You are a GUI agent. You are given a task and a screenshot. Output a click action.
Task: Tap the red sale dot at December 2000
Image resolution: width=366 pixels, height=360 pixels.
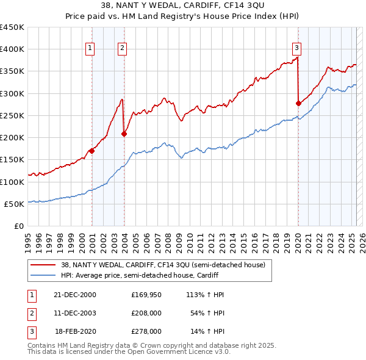pyautogui.click(x=92, y=151)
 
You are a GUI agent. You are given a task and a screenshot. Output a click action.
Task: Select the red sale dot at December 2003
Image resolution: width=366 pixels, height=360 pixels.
pyautogui.click(x=124, y=134)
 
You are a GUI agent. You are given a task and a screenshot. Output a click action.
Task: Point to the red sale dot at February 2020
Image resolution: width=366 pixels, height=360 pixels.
pyautogui.click(x=298, y=103)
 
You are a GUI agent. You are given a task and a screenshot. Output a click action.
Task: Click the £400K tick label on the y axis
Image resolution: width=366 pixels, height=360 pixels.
pyautogui.click(x=12, y=49)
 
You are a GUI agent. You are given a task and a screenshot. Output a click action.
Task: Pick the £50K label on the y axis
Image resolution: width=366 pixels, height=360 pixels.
pyautogui.click(x=15, y=204)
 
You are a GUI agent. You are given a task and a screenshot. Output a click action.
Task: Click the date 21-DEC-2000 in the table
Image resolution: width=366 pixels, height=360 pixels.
pyautogui.click(x=76, y=295)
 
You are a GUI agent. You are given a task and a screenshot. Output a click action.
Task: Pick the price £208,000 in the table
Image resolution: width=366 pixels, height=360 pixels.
pyautogui.click(x=146, y=313)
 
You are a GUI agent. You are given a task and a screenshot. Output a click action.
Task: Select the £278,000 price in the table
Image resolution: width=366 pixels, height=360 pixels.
pyautogui.click(x=146, y=331)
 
